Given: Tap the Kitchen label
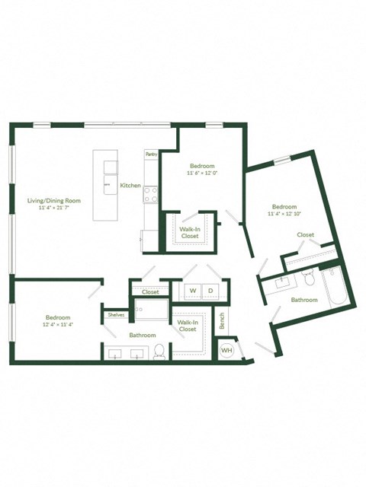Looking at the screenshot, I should coord(130,186).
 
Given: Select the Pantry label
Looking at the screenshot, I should coord(150,154).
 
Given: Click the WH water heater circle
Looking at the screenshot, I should coord(226,349).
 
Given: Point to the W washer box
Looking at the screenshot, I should coord(193,291).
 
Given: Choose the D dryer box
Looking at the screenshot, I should coord(210,291).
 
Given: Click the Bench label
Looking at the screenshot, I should coord(222,323).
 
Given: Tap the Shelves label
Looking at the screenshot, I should coord(116,314).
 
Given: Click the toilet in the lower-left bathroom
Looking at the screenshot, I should coord(159,351).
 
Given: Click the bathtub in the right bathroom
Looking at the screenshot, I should coord(335,287).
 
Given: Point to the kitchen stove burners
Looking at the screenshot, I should coord(150,196).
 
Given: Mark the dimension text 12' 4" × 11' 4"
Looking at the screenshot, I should coord(57,325).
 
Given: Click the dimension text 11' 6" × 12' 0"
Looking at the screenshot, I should coord(202,173).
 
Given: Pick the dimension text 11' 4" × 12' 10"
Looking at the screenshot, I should coord(284,215).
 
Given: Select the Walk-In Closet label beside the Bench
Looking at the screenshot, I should coord(188,326).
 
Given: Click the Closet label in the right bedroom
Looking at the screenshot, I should coord(306,235).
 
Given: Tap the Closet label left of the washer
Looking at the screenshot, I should coord(150,292).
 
